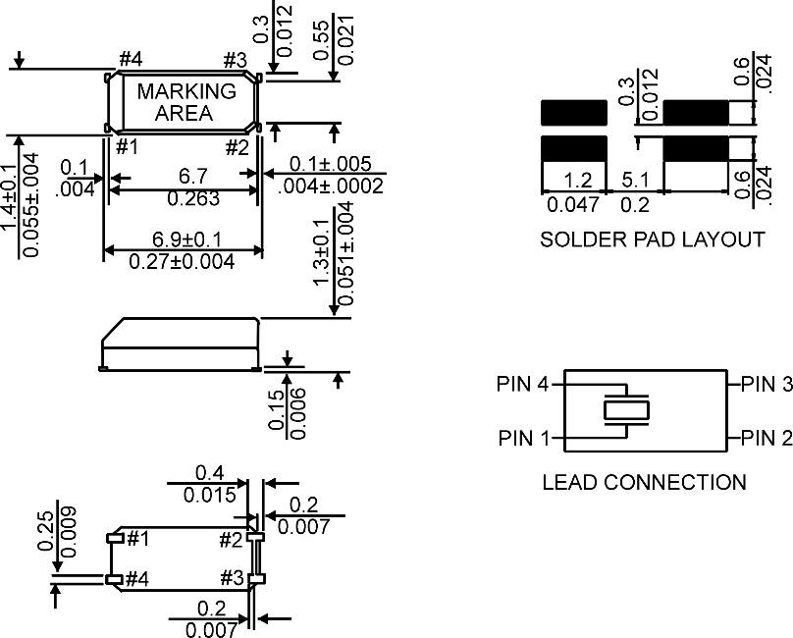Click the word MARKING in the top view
(186, 91)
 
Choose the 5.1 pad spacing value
(637, 180)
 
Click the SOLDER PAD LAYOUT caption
(652, 239)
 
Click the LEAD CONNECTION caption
(644, 482)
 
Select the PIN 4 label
(523, 385)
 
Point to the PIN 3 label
(766, 385)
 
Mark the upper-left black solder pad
(574, 112)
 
